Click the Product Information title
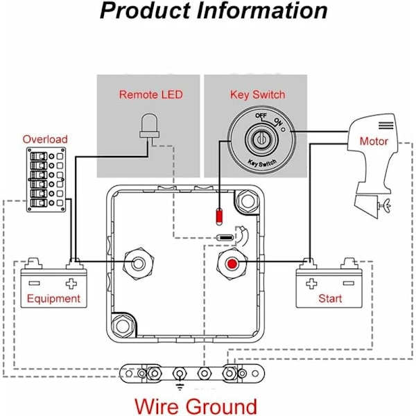click(x=214, y=12)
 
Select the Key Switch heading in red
click(x=257, y=94)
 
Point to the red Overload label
click(x=45, y=139)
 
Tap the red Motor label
click(x=374, y=141)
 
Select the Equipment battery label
click(x=53, y=300)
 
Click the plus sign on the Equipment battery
click(x=71, y=284)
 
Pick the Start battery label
click(x=330, y=300)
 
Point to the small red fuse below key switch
click(x=220, y=216)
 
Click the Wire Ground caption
click(x=196, y=406)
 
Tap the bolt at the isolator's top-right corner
click(x=246, y=202)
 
